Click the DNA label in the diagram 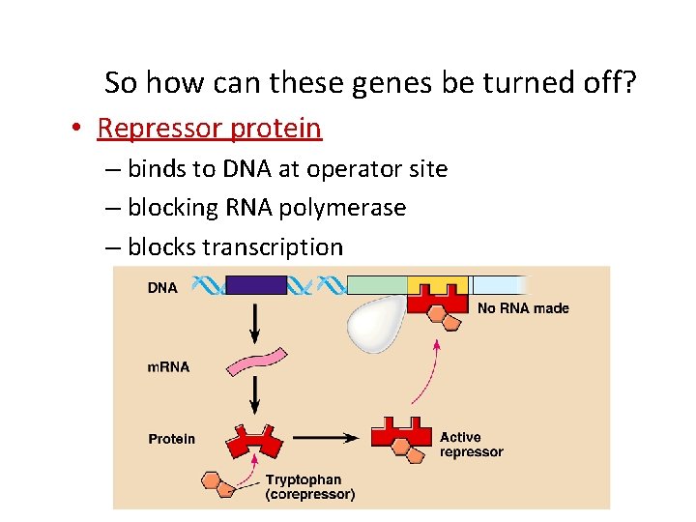(162, 287)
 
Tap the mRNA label (168, 367)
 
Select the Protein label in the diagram (171, 439)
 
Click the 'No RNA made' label (523, 308)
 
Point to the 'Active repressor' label (471, 445)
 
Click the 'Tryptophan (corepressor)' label (309, 487)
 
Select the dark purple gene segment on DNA (256, 285)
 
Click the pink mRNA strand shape (255, 362)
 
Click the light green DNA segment (376, 284)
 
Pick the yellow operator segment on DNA (437, 284)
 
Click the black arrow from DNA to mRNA (255, 321)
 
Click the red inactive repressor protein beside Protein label (255, 440)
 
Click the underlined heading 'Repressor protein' (209, 128)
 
